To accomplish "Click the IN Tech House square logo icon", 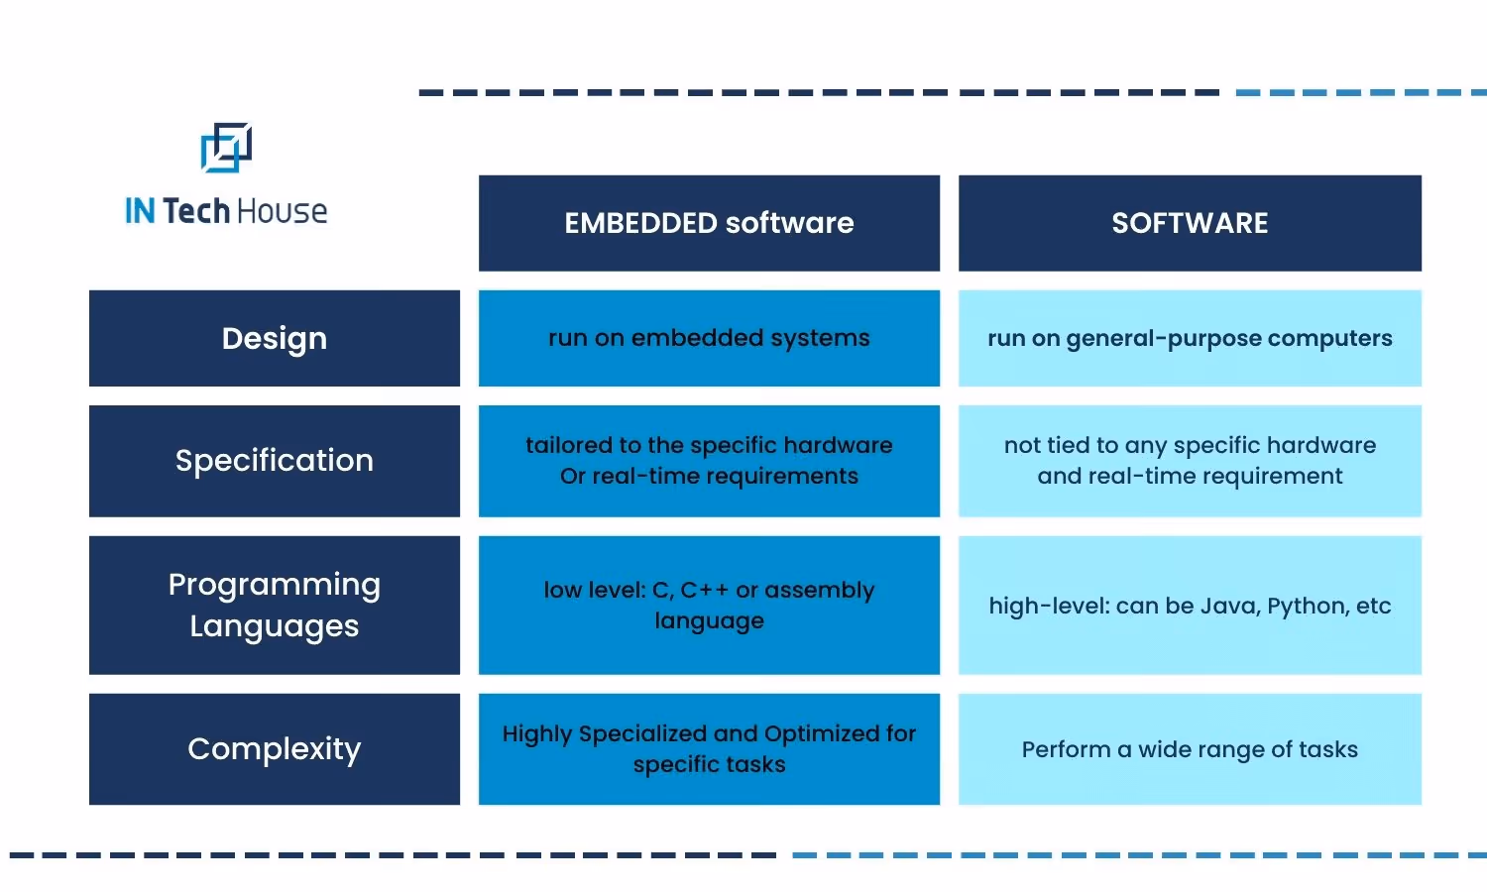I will (x=226, y=148).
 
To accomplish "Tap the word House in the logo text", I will (x=282, y=211).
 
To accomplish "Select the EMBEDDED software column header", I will (x=709, y=223).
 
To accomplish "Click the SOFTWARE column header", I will (x=1190, y=223).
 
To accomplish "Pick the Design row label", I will (x=275, y=338).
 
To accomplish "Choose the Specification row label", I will (x=275, y=461).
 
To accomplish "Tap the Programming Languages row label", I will (x=275, y=605).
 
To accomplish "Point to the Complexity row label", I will (x=275, y=748).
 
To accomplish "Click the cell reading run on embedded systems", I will (x=709, y=338).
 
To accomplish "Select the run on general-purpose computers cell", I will (x=1190, y=338).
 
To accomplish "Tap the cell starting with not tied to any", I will (x=1190, y=461).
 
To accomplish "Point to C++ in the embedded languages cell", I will (x=704, y=591).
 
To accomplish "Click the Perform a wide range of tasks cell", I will (x=1190, y=749).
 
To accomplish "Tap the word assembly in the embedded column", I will (x=820, y=591).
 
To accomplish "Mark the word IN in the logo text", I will (x=140, y=211).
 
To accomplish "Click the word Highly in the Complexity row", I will (x=537, y=734).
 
